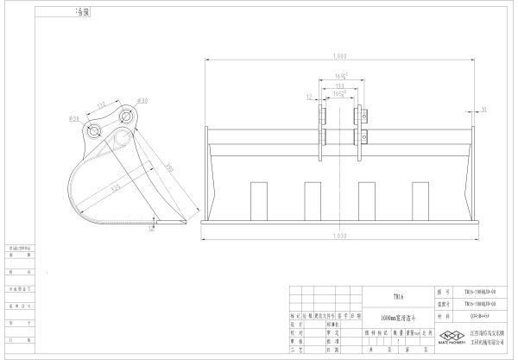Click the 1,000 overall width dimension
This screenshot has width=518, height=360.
point(339,56)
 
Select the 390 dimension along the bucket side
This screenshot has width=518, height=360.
point(171,168)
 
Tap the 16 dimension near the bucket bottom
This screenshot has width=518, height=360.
point(152,229)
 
